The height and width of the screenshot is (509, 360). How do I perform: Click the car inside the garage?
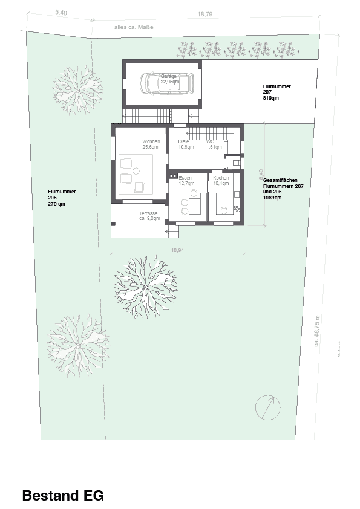(166, 83)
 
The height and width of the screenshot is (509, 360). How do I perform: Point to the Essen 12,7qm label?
(186, 180)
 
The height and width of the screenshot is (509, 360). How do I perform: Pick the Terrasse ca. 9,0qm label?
(149, 216)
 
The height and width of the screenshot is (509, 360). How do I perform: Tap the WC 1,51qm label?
(214, 144)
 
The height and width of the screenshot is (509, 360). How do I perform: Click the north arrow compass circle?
(267, 407)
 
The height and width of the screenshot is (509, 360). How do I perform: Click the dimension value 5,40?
(61, 11)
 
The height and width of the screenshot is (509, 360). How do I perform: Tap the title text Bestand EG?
(63, 496)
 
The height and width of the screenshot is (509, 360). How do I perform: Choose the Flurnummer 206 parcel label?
(61, 198)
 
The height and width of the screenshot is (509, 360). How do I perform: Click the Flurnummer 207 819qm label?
(277, 92)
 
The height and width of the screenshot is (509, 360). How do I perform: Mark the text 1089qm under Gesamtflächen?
(273, 198)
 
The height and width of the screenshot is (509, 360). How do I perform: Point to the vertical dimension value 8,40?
(261, 175)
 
